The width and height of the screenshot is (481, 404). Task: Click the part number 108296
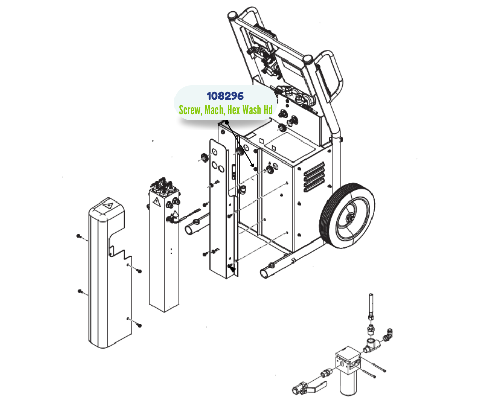point(225,96)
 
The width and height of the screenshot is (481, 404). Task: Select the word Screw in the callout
point(190,110)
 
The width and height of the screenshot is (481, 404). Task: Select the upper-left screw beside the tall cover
point(79,236)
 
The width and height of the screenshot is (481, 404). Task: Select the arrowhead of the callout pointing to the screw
point(254,168)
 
